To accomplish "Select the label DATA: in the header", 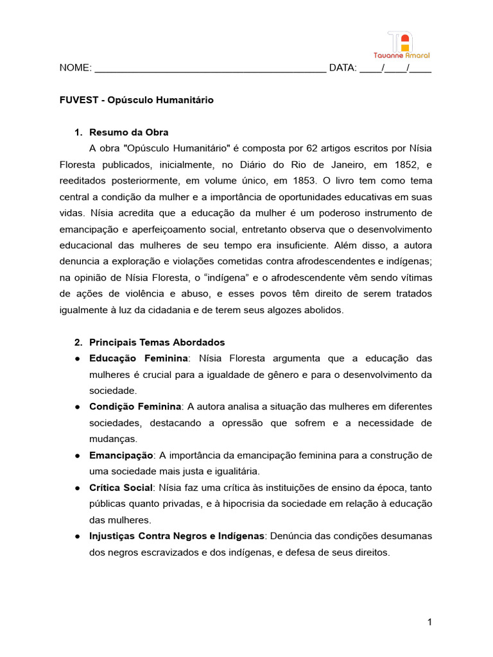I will (x=342, y=69).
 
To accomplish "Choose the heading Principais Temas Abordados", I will (x=157, y=342).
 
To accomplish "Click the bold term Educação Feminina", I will (x=138, y=358).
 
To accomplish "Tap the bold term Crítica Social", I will (x=121, y=488).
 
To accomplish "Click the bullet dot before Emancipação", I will (x=76, y=456).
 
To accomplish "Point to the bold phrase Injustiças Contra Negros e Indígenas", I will (x=177, y=536).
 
